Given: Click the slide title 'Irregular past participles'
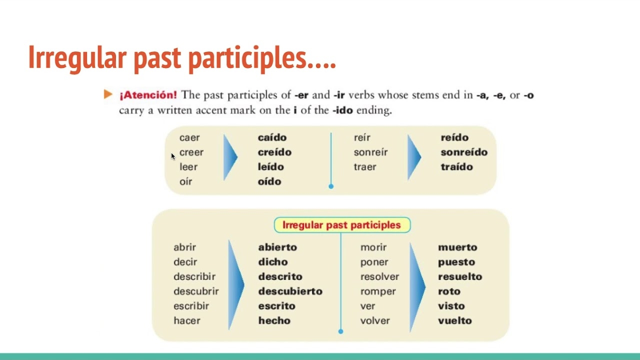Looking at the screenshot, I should point(182,57).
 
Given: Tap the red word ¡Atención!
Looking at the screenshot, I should point(147,95).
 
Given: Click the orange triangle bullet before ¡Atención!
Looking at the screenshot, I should point(108,94).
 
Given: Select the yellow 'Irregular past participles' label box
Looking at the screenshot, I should point(342,225).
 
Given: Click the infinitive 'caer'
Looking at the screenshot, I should point(189,137).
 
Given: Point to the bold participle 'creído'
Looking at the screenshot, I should point(274,152).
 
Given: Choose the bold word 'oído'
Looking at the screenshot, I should point(269,181).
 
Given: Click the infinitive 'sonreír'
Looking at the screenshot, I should point(370,152).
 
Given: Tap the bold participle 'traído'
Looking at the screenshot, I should point(456,167).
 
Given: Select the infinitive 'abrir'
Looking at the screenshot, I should point(184,247).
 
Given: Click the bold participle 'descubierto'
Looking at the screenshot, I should point(290,291).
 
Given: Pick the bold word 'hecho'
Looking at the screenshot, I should point(274,320).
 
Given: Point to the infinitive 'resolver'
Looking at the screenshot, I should point(379,276).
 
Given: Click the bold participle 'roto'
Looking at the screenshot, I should point(449,291).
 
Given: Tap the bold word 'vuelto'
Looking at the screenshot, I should point(454,320).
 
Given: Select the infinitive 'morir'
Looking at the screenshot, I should point(373,247).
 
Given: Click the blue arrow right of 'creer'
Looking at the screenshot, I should point(230,157).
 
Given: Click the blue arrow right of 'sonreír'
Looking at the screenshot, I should point(414,157).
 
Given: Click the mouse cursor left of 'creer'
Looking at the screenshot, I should point(173,156).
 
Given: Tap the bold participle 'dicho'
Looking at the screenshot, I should point(273,262).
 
